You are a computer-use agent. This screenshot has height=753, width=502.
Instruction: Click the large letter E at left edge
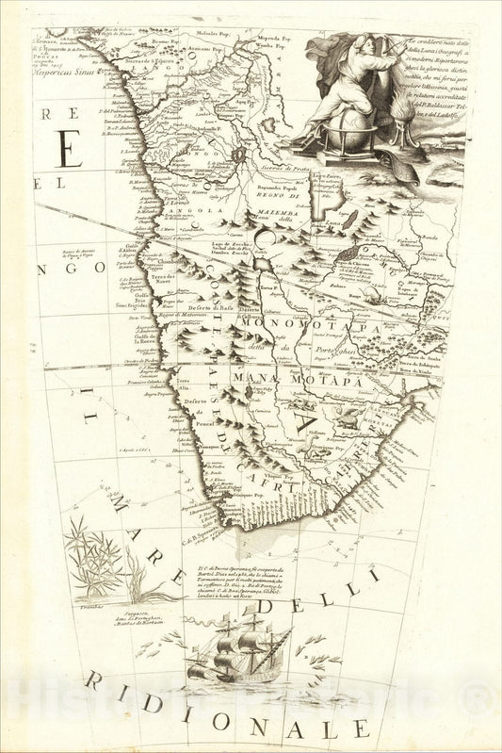(65, 148)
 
